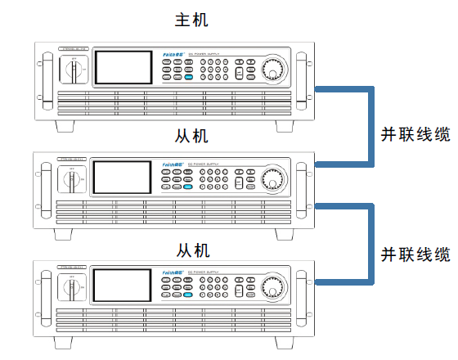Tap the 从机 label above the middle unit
click(193, 134)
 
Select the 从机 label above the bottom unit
click(193, 249)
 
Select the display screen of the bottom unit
click(120, 287)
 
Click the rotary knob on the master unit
click(272, 74)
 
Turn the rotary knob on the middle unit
click(272, 178)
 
